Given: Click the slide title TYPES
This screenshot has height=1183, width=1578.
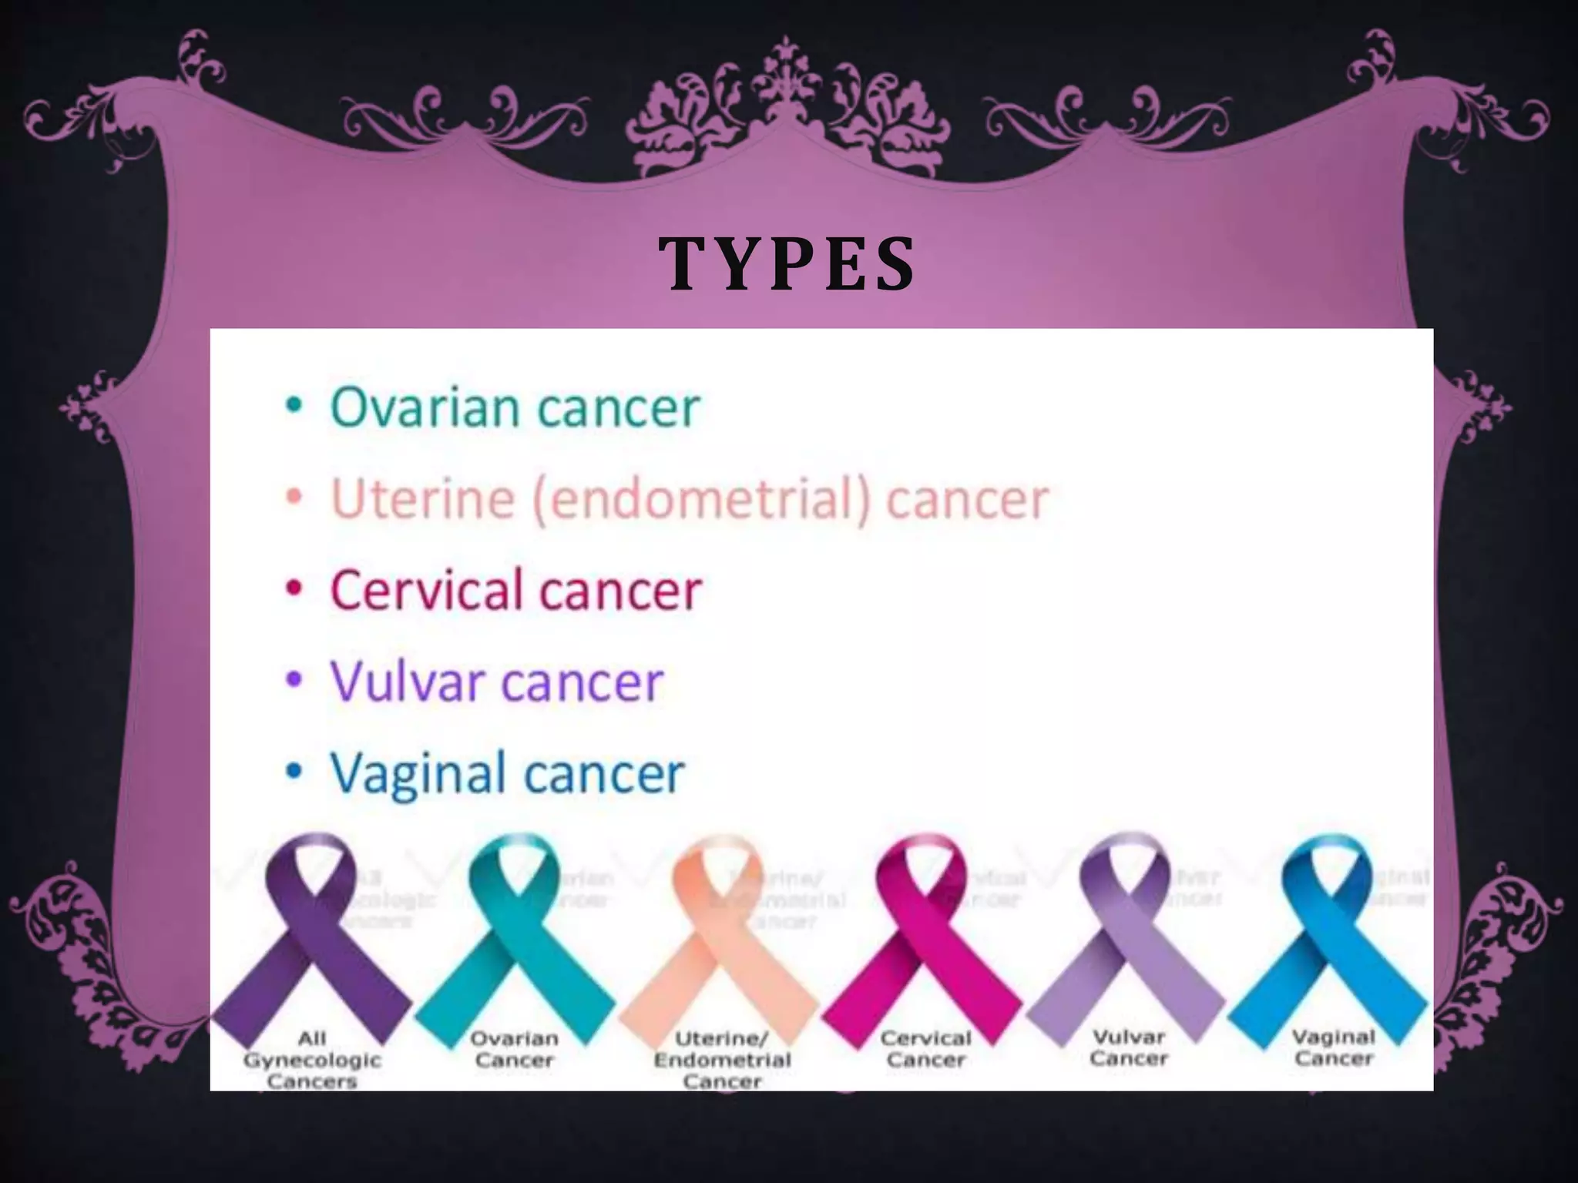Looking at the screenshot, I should (787, 263).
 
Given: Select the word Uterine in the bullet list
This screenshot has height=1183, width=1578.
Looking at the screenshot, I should (422, 498).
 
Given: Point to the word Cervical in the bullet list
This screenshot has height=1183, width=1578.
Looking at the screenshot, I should (425, 591).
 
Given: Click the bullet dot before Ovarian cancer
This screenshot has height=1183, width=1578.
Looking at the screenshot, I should (294, 406).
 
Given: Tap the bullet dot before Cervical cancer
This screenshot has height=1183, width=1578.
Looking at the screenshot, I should (294, 589).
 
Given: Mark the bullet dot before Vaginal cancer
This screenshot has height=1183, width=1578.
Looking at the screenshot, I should (294, 772).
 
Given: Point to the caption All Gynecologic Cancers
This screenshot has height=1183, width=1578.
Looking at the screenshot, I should (312, 1060).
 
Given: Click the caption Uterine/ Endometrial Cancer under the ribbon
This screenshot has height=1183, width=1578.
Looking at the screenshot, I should (722, 1060).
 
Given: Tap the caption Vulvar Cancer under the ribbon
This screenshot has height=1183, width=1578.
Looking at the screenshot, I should (1129, 1048).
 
